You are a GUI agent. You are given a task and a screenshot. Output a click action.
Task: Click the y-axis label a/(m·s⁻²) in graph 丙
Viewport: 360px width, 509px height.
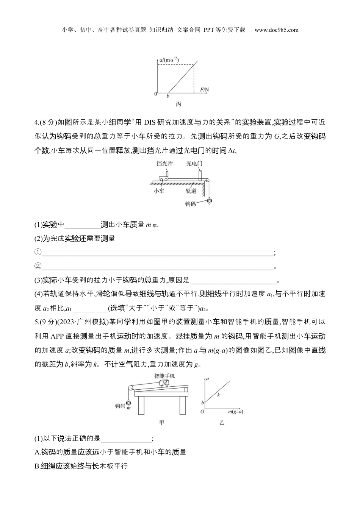pyautogui.click(x=169, y=59)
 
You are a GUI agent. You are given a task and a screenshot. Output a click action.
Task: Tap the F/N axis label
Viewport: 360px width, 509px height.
pyautogui.click(x=204, y=89)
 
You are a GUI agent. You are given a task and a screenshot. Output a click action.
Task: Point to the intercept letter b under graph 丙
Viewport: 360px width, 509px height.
pyautogui.click(x=168, y=97)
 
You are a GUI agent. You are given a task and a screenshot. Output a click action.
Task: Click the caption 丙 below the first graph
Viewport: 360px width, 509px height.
pyautogui.click(x=178, y=104)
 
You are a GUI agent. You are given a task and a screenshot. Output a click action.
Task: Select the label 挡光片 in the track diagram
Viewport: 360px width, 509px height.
pyautogui.click(x=164, y=164)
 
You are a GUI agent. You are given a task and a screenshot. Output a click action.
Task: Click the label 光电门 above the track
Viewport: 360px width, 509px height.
pyautogui.click(x=194, y=164)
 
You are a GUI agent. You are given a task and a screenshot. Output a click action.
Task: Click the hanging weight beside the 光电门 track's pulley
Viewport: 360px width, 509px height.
pyautogui.click(x=209, y=202)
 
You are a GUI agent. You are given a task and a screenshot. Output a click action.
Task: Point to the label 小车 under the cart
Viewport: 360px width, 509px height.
pyautogui.click(x=159, y=191)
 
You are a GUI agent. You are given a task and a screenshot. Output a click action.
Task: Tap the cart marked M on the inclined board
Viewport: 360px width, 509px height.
pyautogui.click(x=164, y=383)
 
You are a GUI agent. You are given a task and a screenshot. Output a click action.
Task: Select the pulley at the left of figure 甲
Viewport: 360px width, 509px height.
pyautogui.click(x=130, y=387)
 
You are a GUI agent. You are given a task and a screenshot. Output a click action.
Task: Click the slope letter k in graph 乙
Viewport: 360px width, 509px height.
pyautogui.click(x=219, y=395)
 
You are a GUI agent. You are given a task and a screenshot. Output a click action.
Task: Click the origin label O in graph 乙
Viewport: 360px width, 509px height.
pyautogui.click(x=202, y=412)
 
